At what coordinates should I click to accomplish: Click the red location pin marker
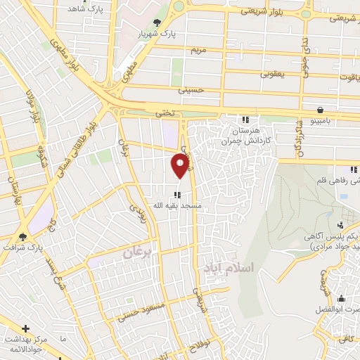[181, 165]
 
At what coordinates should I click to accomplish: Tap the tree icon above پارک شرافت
[22, 237]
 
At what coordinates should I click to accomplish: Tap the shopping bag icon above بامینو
[321, 110]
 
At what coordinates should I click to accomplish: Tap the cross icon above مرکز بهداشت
[26, 328]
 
